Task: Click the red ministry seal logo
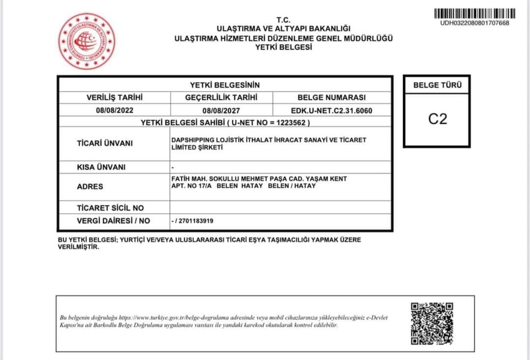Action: (x=86, y=41)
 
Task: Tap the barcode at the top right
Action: (x=475, y=14)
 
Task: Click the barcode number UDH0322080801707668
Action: (x=475, y=23)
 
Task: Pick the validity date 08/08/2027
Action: (x=221, y=110)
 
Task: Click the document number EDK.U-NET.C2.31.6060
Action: (x=332, y=110)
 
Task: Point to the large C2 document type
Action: (x=437, y=119)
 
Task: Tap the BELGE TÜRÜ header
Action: (x=437, y=86)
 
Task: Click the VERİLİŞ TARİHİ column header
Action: (x=115, y=98)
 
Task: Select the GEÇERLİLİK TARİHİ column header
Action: (x=221, y=98)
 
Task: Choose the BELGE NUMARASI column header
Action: (x=332, y=98)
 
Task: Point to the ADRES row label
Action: (x=90, y=187)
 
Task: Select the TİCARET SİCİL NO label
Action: (x=111, y=208)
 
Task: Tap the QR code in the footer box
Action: (x=432, y=323)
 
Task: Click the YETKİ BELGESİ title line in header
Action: (x=283, y=47)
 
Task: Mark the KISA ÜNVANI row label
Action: (x=101, y=167)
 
